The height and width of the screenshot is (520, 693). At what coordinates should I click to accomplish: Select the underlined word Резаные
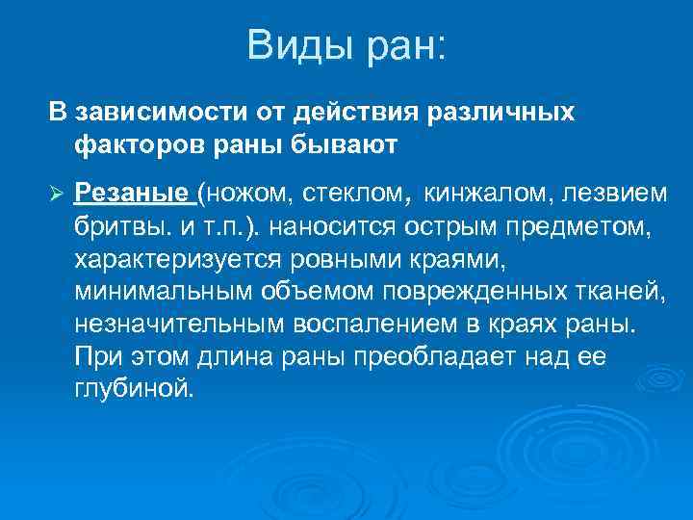coord(133,194)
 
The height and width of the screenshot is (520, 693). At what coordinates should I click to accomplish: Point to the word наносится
coord(331,227)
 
